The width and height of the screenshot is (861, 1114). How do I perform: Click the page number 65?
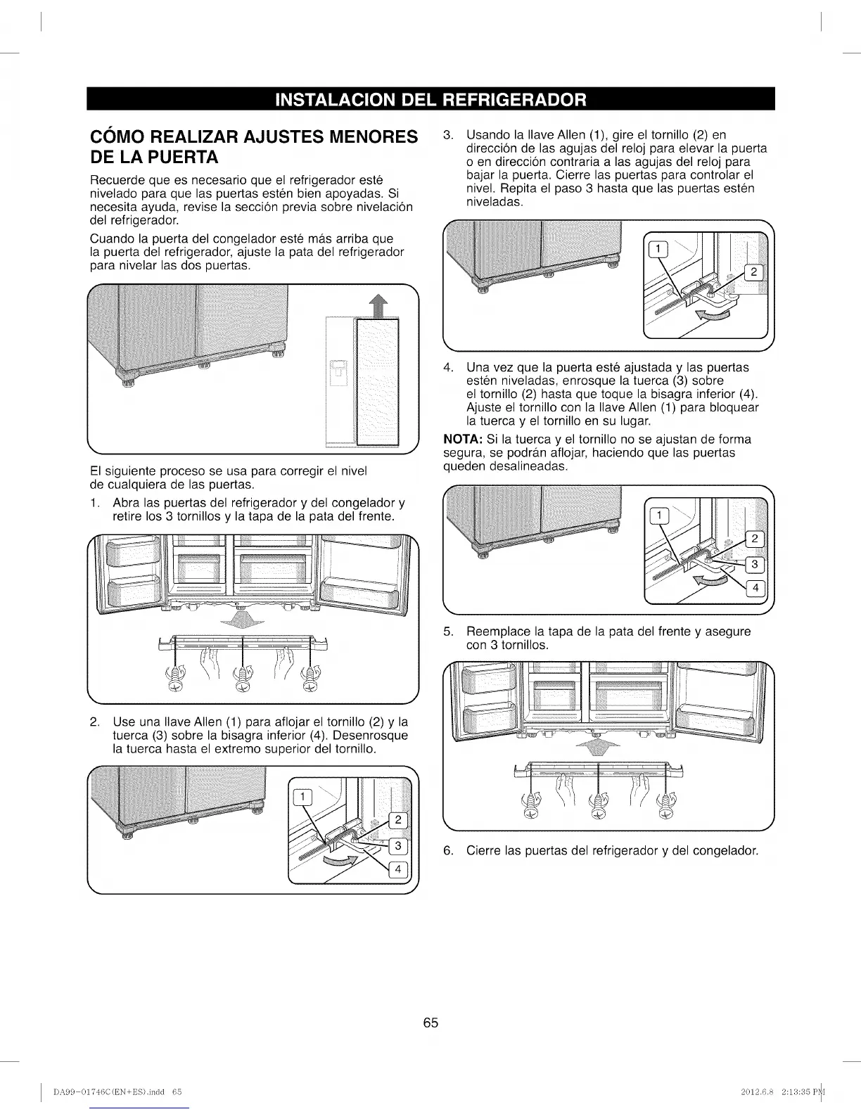pos(431,1023)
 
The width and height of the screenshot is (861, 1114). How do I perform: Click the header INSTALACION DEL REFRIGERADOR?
pos(431,99)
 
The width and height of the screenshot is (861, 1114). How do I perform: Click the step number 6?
pos(447,851)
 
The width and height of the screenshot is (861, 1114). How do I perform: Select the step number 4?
pos(447,368)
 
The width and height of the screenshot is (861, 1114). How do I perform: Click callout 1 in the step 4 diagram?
pos(658,516)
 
